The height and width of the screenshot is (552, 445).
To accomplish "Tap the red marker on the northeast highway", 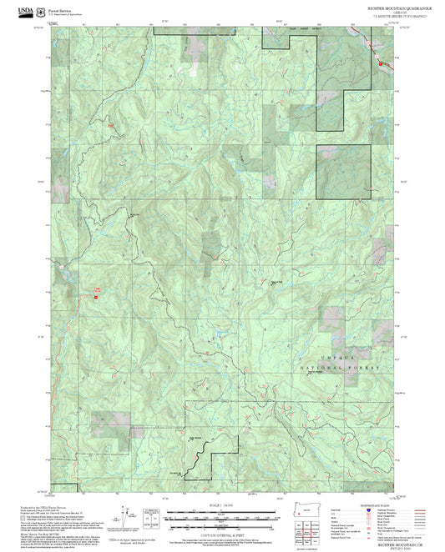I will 380,63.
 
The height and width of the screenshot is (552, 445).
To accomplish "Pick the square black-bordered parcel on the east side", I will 337,172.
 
